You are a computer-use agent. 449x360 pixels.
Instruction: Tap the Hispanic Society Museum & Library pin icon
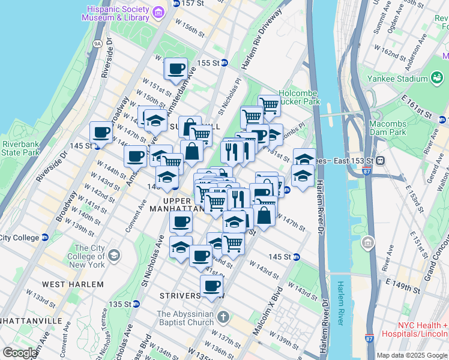[158, 12]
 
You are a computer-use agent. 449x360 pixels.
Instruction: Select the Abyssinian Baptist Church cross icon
[223, 316]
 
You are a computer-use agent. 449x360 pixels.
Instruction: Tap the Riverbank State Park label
[20, 148]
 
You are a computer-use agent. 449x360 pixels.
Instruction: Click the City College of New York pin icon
[113, 256]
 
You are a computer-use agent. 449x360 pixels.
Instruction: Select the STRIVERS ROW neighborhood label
[192, 296]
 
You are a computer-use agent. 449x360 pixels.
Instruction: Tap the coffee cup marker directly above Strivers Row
[211, 286]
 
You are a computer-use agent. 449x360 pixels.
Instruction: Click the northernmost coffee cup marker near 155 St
[176, 68]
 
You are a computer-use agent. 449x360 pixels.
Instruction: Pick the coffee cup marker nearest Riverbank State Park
[101, 132]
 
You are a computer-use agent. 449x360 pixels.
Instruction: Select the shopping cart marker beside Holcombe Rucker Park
[269, 106]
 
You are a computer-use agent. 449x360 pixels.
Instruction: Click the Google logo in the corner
[20, 352]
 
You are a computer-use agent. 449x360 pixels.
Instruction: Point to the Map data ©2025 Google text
[412, 355]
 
